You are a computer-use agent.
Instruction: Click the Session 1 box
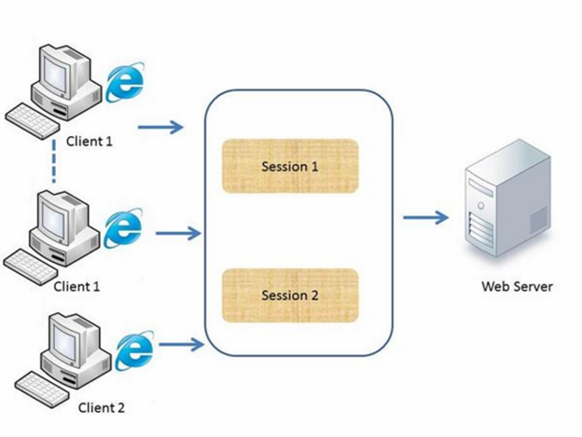click(x=290, y=166)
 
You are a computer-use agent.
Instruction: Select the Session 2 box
click(x=290, y=295)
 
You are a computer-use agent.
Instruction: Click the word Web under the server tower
click(x=495, y=286)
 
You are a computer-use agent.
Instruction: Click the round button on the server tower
click(x=481, y=205)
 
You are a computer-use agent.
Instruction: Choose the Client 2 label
click(x=102, y=408)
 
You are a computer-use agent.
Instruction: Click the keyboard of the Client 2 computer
click(x=42, y=389)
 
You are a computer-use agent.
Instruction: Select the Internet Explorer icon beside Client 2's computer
click(x=134, y=350)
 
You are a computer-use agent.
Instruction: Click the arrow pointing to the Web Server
click(x=425, y=218)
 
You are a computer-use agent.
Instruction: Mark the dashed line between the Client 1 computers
click(x=54, y=161)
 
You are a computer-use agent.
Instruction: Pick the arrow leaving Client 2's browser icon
click(x=182, y=345)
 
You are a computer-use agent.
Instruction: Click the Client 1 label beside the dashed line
click(x=90, y=142)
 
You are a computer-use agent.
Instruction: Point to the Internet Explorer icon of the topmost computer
click(x=125, y=82)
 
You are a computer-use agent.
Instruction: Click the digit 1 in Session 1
click(x=314, y=167)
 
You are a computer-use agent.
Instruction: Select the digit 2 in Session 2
click(x=314, y=295)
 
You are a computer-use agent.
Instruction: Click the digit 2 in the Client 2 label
click(x=120, y=408)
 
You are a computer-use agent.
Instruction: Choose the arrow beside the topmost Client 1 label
click(x=160, y=128)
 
